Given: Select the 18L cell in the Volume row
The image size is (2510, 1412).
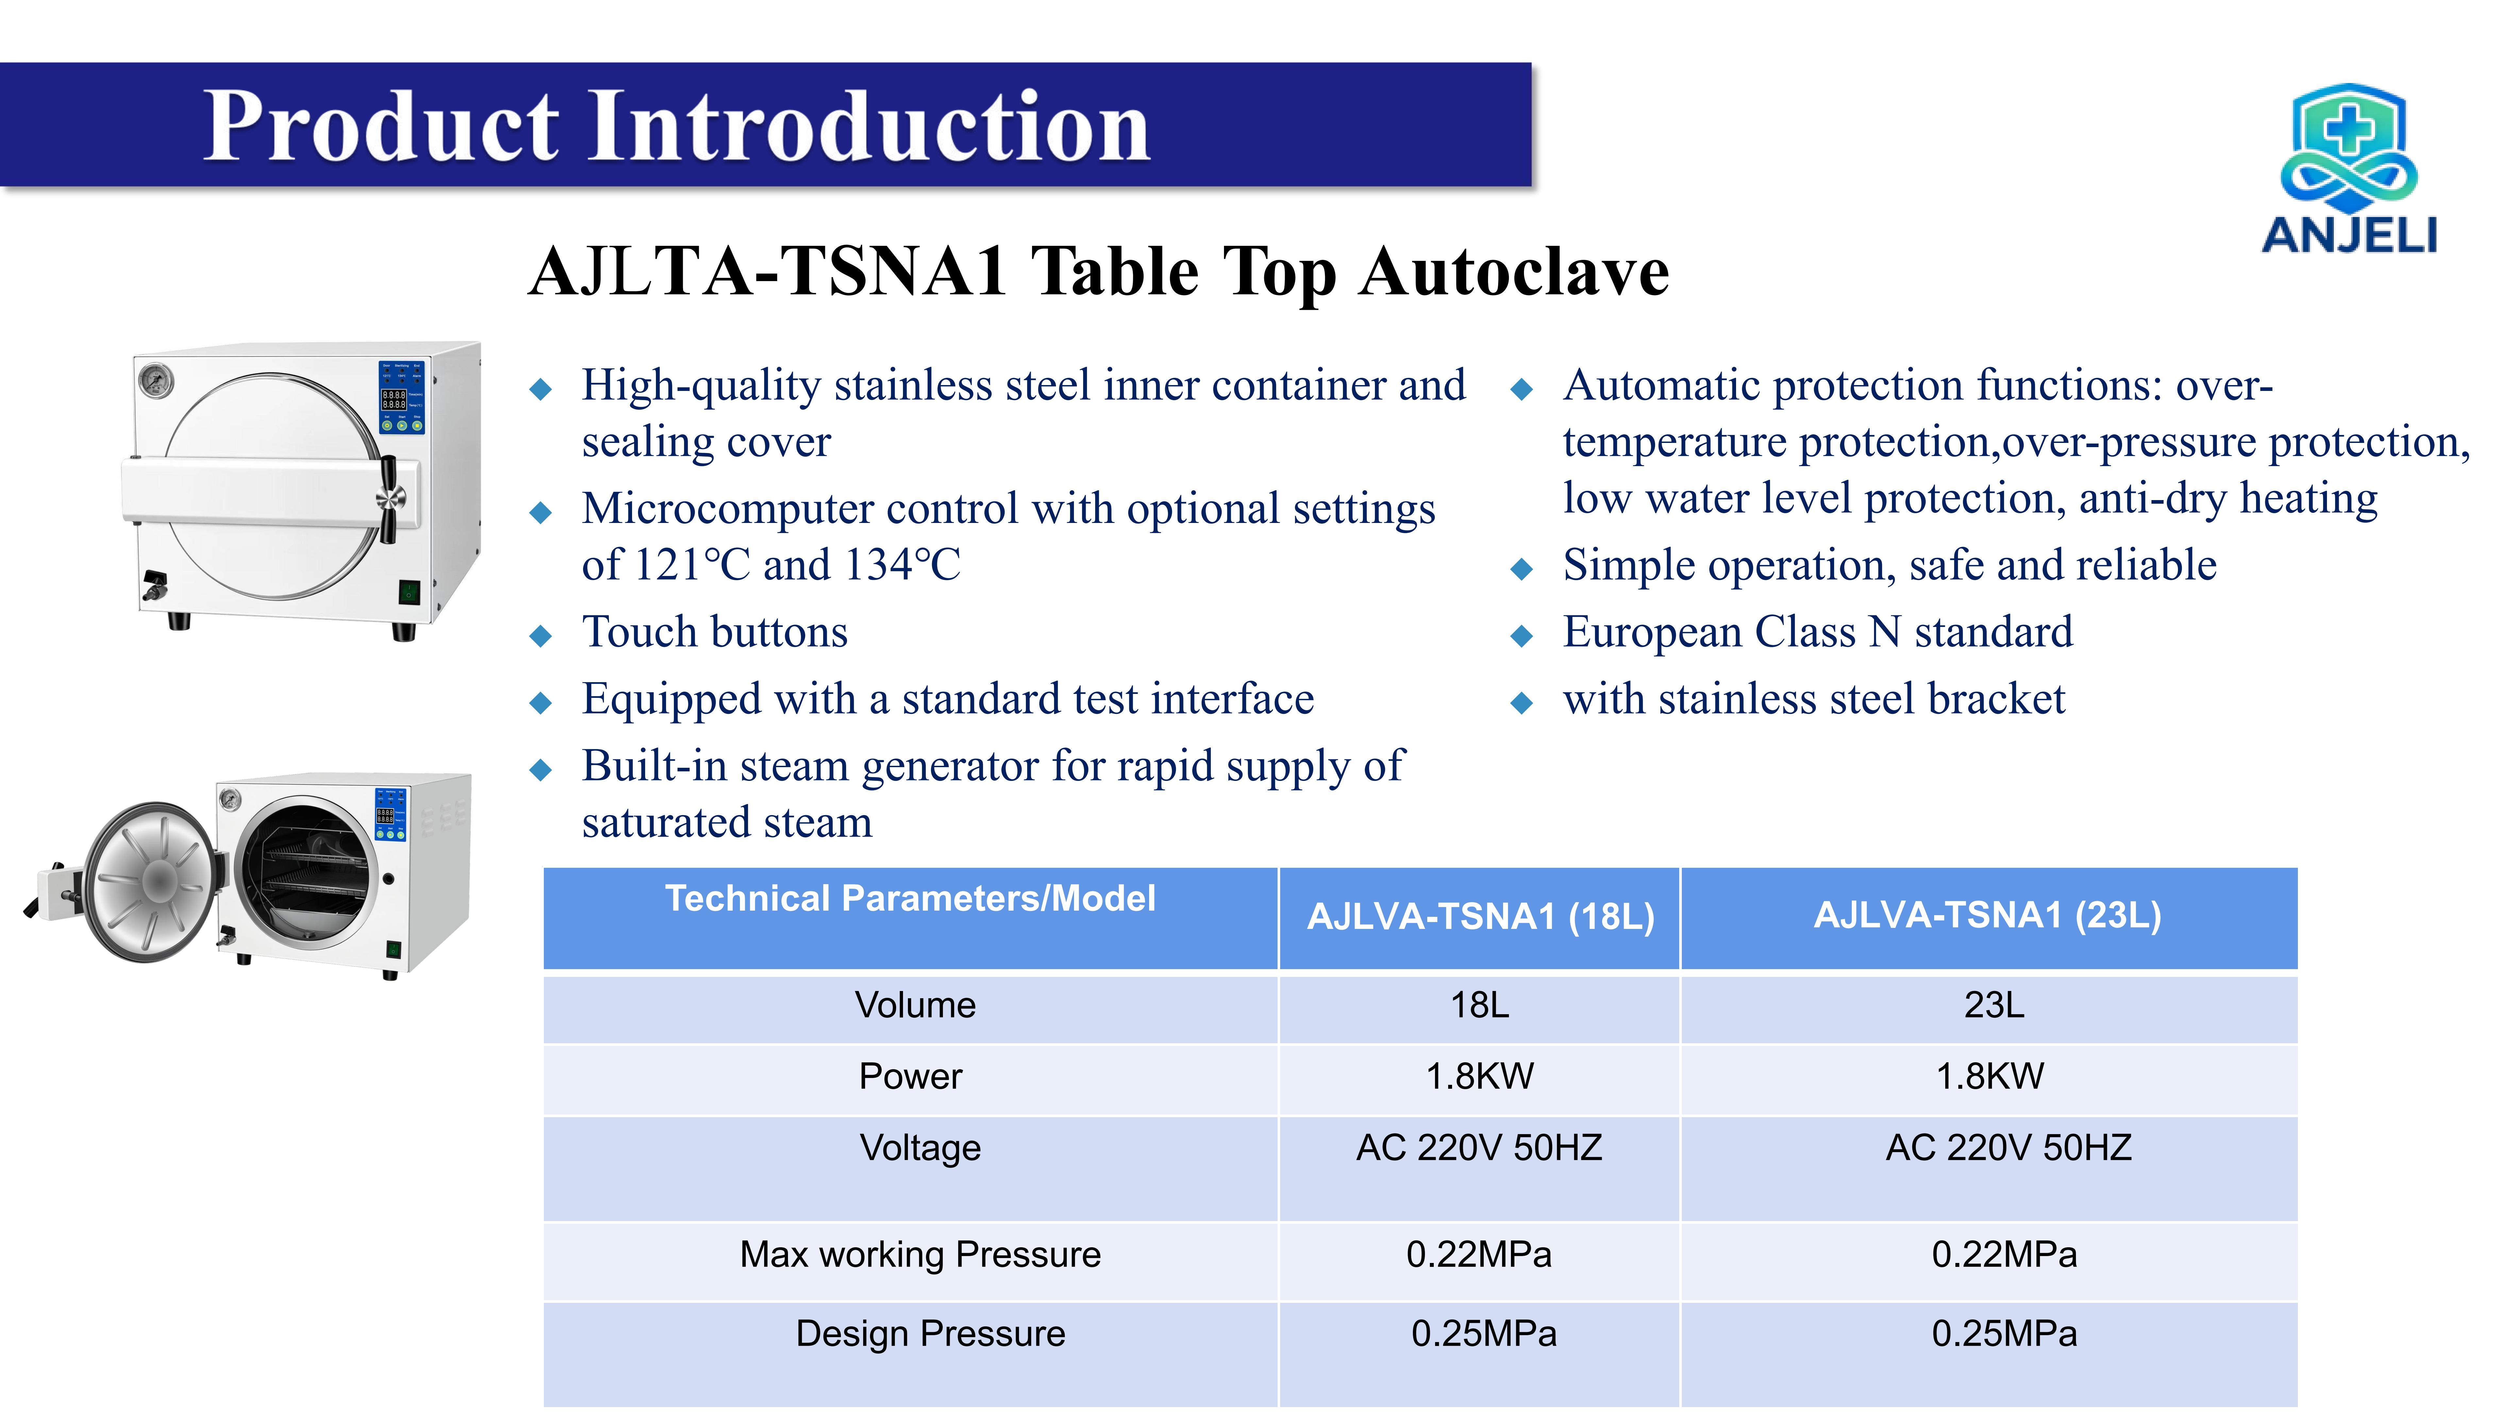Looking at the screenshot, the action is point(1479,1005).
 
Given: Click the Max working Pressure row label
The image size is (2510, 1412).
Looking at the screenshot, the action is point(920,1254).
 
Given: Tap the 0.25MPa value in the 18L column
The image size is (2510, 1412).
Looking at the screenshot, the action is point(1483,1333).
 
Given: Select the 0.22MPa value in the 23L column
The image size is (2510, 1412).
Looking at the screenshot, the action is point(2003,1254).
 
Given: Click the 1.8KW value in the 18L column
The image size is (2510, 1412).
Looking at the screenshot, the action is point(1479,1076).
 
